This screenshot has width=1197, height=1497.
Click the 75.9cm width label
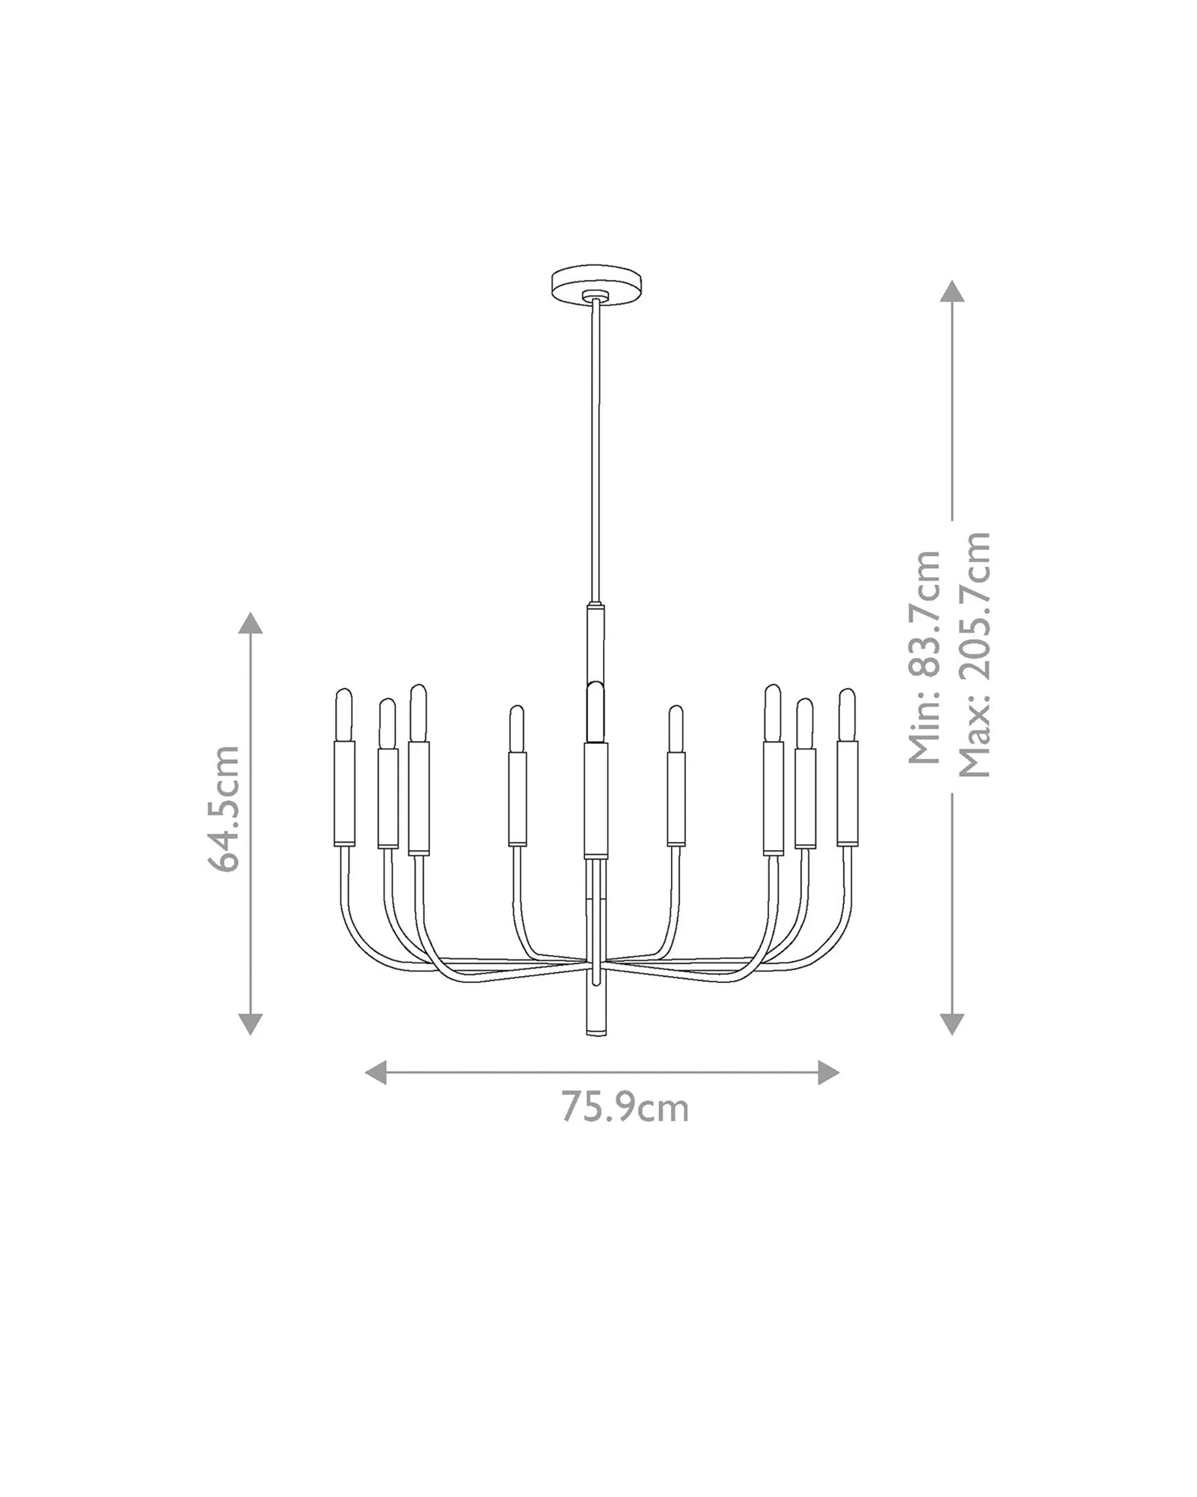[x=625, y=1129]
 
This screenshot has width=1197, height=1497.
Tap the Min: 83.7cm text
[x=925, y=657]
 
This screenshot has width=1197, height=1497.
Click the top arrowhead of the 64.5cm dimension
[x=250, y=623]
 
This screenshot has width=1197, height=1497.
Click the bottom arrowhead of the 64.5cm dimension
[x=250, y=1023]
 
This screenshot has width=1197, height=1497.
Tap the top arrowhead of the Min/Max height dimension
[x=952, y=291]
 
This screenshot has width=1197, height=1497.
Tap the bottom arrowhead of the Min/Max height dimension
[x=952, y=1023]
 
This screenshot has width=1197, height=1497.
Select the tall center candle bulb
[x=596, y=711]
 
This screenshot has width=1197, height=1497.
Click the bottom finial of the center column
[x=596, y=1010]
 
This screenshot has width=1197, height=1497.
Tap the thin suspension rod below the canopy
[x=596, y=449]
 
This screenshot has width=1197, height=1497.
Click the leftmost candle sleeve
[x=343, y=792]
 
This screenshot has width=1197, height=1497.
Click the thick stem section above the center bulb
[x=596, y=644]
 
